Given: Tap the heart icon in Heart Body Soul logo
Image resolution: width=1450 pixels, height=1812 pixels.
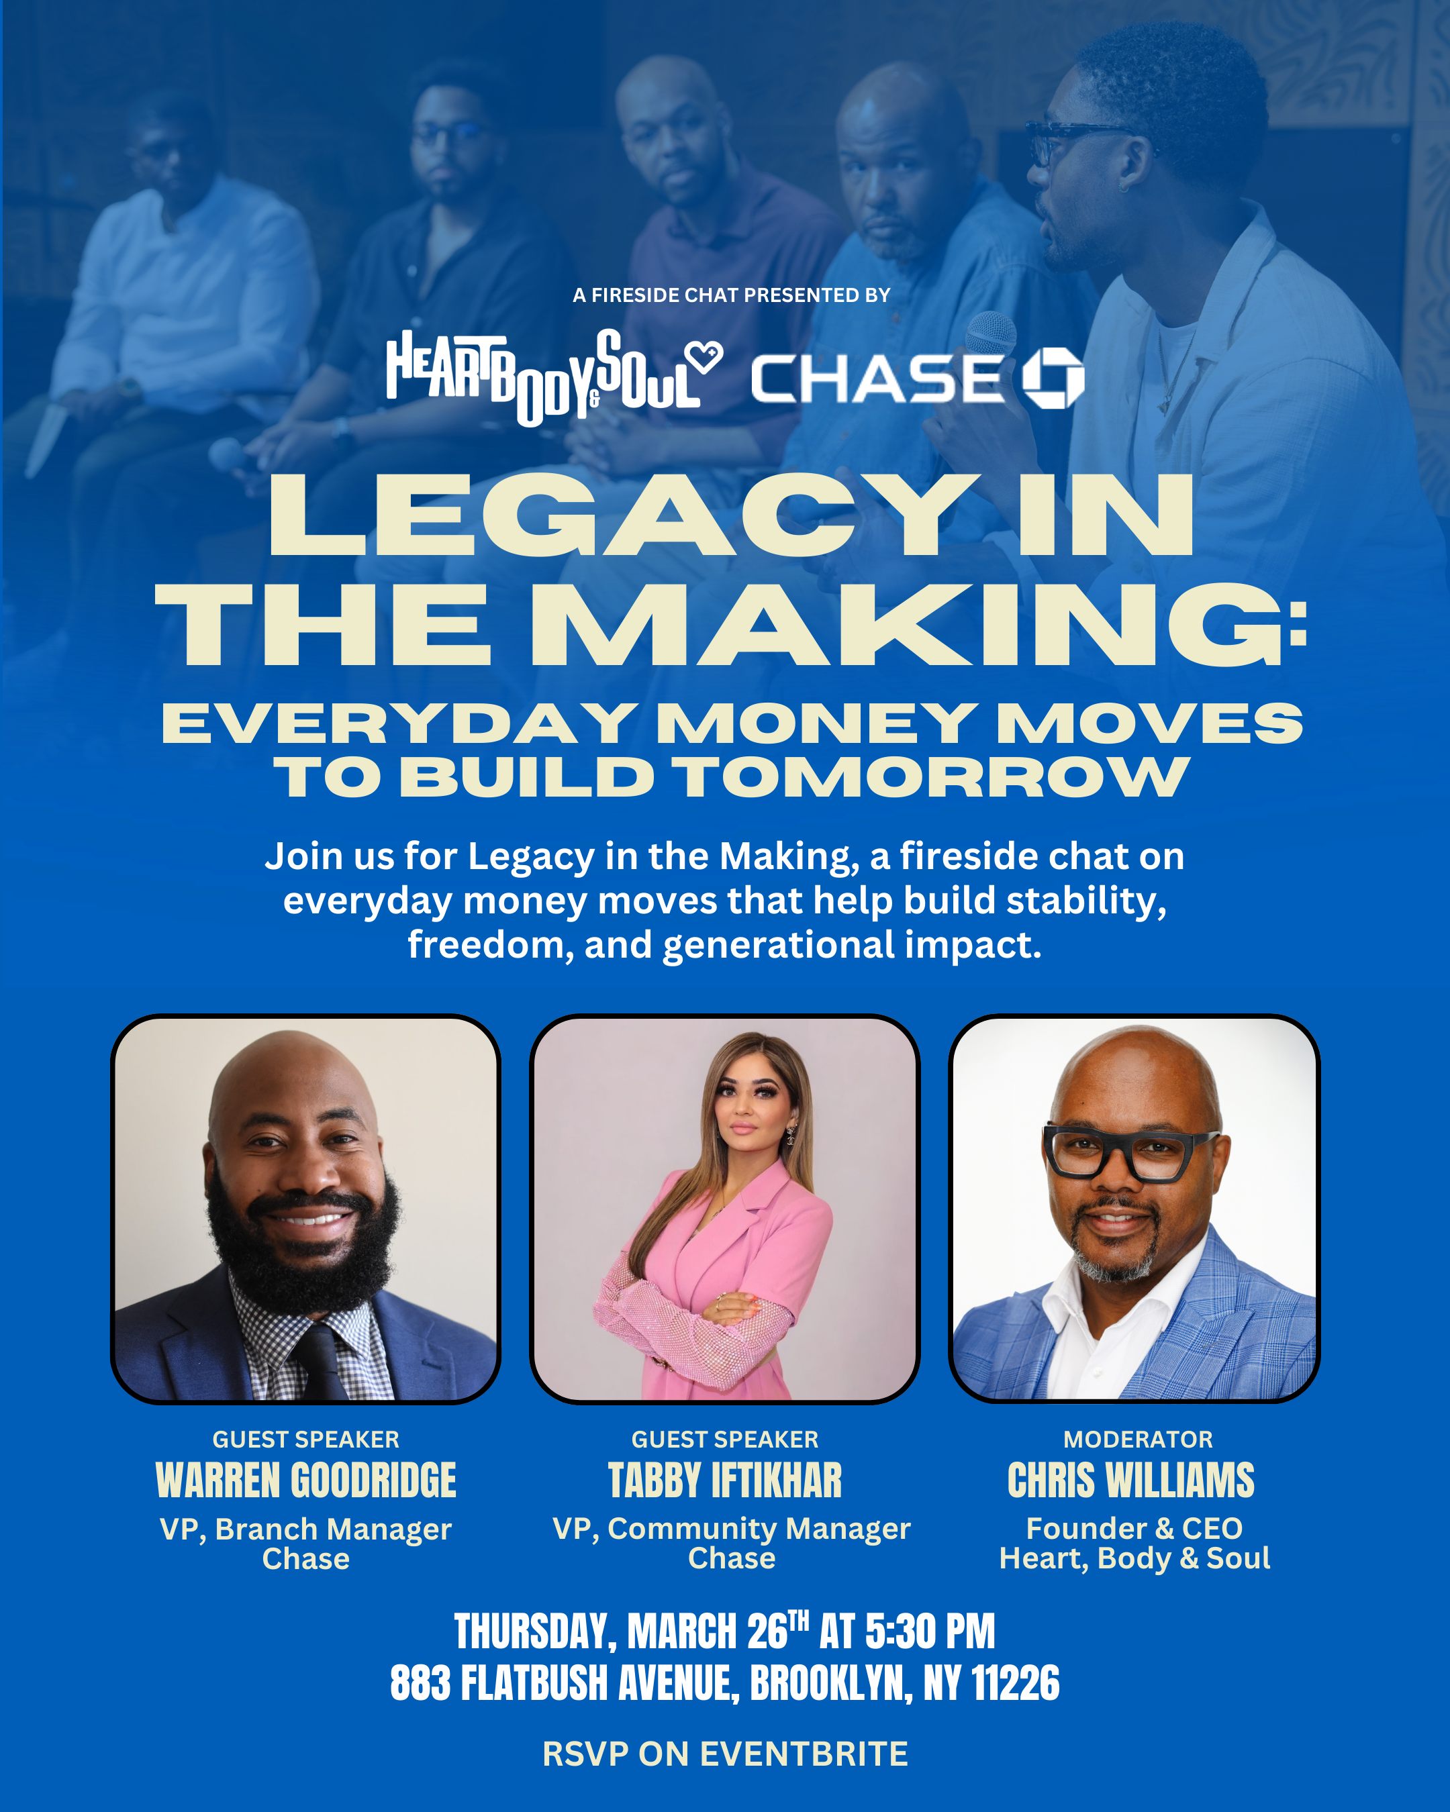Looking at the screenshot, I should [x=703, y=357].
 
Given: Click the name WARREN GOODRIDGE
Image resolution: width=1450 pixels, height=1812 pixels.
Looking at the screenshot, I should [x=306, y=1480].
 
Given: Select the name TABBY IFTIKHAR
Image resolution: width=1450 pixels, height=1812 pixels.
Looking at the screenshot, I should [x=724, y=1480].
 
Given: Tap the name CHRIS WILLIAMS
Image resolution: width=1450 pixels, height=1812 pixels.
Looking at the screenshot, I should [x=1130, y=1480].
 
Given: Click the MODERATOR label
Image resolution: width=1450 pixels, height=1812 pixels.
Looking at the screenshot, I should [x=1137, y=1439].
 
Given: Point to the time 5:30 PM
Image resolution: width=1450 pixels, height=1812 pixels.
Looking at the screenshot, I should [x=930, y=1632].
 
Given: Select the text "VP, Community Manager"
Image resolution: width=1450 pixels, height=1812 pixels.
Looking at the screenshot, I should [x=730, y=1529].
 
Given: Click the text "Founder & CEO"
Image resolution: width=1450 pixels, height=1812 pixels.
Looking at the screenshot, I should [x=1134, y=1528].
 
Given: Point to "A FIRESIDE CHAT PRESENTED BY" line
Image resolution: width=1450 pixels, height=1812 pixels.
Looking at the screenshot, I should [x=731, y=295].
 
